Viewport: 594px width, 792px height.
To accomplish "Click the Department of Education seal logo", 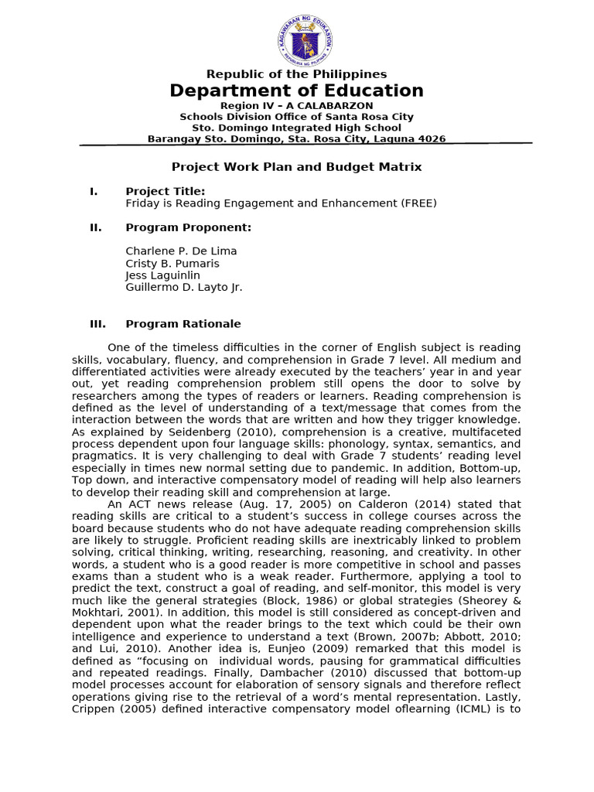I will pos(305,40).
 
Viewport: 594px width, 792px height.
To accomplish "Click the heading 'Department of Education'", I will pos(297,90).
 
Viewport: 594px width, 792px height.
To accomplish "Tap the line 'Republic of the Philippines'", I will pos(296,74).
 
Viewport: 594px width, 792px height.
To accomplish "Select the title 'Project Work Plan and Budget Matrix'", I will pos(296,167).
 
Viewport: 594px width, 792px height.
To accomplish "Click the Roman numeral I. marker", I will pos(94,191).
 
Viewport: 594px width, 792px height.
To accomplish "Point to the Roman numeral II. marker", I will pos(95,227).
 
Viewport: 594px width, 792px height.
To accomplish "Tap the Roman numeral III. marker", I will pos(97,324).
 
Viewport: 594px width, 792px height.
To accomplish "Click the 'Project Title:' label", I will pos(166,191).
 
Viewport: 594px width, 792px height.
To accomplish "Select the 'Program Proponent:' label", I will pos(188,227).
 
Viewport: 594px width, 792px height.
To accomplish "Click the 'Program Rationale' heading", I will pos(183,324).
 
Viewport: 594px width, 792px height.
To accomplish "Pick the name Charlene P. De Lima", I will pos(181,251).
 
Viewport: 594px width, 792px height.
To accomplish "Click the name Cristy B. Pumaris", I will pos(172,264).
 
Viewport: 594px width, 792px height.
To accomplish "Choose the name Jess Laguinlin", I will pos(162,275).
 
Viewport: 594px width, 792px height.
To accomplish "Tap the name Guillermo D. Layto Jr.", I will pos(184,288).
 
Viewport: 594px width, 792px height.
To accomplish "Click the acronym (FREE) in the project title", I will pos(418,203).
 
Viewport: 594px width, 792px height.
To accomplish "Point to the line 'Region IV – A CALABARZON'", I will pos(296,105).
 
